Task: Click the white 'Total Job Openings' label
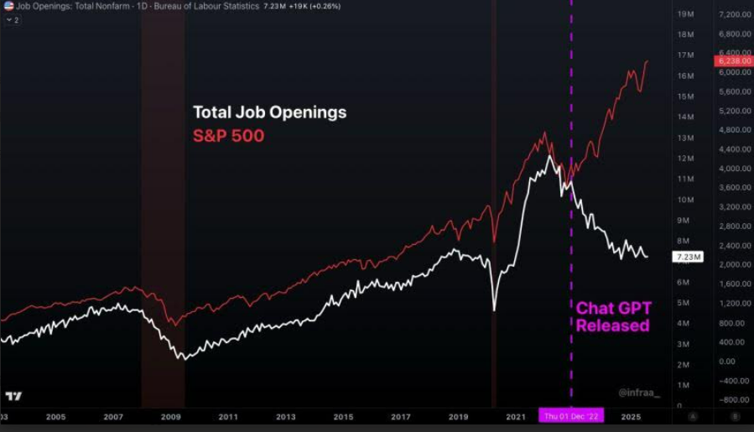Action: [x=269, y=112]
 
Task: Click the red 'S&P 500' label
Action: [x=228, y=135]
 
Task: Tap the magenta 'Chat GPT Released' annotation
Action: [x=613, y=317]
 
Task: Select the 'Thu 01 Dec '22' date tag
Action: [x=572, y=416]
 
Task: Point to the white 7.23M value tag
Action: [x=688, y=257]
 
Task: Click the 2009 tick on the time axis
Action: [x=170, y=416]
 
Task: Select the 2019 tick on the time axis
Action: [x=458, y=416]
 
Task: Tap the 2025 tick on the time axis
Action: [x=630, y=416]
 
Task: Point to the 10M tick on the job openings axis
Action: [x=684, y=200]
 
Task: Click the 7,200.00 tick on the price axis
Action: [x=734, y=15]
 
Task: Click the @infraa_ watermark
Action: [x=639, y=392]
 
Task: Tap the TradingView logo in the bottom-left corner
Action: [x=13, y=396]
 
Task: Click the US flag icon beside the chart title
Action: [x=8, y=6]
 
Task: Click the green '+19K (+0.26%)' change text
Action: [x=314, y=6]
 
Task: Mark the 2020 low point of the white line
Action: [x=494, y=310]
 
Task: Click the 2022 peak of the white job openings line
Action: [x=549, y=156]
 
